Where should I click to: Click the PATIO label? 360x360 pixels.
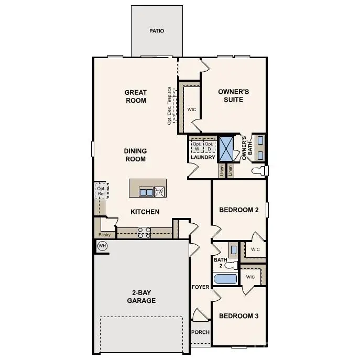(156, 31)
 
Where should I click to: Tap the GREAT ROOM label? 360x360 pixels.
(135, 96)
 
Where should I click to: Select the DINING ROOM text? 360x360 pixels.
(135, 155)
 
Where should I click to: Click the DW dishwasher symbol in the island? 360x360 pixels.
(159, 192)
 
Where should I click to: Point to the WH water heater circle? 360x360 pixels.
(102, 246)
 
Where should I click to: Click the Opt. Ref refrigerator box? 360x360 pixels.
(101, 191)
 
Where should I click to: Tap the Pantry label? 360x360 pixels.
(105, 235)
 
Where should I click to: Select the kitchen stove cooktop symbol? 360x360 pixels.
(144, 233)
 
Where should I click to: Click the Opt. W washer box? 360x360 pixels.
(197, 146)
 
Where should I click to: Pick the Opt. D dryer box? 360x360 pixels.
(209, 146)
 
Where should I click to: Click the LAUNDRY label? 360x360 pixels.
(203, 157)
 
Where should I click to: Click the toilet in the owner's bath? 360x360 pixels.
(258, 171)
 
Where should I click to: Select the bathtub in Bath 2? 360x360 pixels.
(225, 278)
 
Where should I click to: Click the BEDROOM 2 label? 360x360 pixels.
(238, 210)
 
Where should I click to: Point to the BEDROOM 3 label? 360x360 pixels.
(238, 316)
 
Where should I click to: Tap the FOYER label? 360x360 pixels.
(200, 287)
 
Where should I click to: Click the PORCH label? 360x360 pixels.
(200, 332)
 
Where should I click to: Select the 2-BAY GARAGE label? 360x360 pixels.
(140, 297)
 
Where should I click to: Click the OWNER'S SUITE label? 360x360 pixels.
(233, 95)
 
